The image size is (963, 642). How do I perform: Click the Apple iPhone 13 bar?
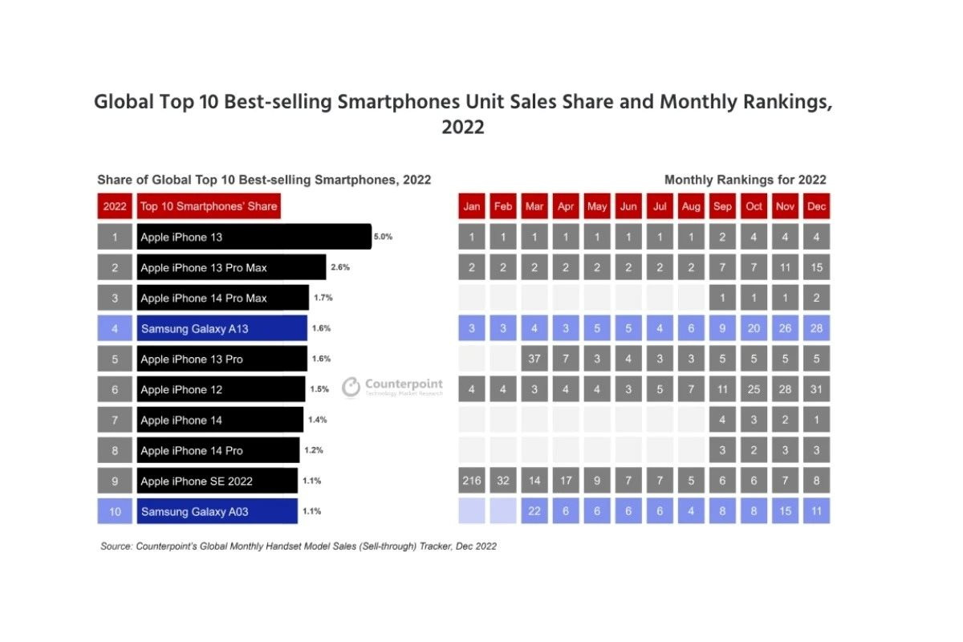pos(254,237)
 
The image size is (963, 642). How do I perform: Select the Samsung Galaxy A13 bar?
pos(222,328)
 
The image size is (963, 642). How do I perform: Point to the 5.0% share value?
pos(383,237)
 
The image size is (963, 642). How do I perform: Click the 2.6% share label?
pos(340,267)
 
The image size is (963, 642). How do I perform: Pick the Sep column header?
pos(722,206)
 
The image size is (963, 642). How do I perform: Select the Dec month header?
pos(816,206)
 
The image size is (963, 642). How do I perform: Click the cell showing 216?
pos(472,481)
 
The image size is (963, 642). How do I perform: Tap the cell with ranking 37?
pos(534,359)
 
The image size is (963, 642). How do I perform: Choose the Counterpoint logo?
pos(392,388)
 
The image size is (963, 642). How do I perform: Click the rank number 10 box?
pos(115,511)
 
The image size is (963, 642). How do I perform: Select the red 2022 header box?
pos(115,206)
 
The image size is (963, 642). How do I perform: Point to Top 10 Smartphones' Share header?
pos(209,206)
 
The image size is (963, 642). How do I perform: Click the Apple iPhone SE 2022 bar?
pos(217,481)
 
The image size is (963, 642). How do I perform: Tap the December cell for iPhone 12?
pos(816,389)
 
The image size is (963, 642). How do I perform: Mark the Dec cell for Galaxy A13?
pos(816,328)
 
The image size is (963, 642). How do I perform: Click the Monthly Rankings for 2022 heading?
pos(745,180)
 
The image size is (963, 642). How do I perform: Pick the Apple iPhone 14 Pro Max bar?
pos(222,298)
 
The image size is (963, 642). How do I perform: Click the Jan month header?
pos(472,206)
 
